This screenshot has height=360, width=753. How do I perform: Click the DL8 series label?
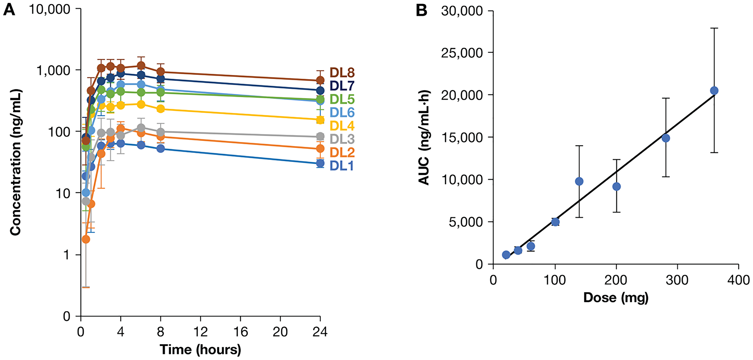342,72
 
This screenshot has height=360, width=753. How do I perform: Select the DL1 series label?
342,165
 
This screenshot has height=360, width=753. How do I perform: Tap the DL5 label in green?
342,99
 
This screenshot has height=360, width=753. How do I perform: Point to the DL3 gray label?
342,139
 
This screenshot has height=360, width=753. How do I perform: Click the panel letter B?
422,10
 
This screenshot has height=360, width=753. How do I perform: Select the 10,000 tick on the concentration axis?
50,9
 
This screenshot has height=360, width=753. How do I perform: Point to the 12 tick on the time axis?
200,332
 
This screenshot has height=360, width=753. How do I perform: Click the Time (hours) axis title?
200,349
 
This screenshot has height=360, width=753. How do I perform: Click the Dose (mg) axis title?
616,297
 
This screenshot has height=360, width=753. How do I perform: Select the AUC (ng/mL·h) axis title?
424,137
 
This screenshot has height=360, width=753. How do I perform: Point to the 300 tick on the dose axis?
677,280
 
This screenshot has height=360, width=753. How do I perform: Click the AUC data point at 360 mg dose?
714,90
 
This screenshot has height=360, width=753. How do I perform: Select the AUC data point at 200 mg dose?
616,186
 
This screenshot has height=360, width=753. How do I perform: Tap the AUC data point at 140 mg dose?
579,181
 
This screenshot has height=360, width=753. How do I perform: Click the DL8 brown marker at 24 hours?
320,80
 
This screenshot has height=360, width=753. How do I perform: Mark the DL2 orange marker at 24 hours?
320,148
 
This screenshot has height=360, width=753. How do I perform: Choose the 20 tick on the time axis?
280,332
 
